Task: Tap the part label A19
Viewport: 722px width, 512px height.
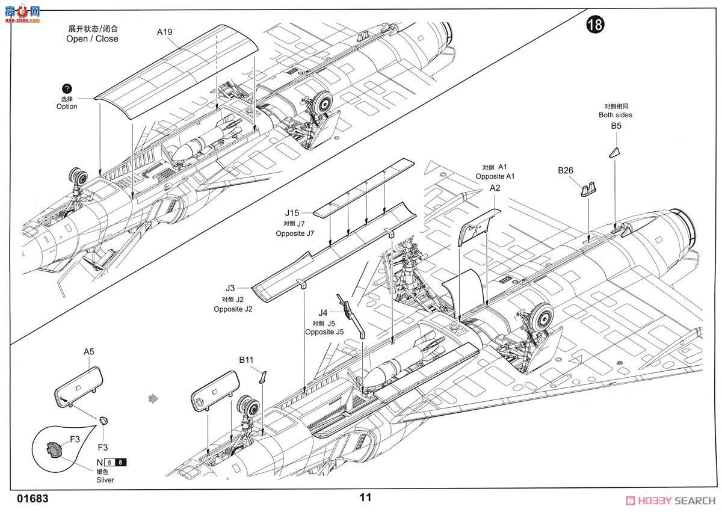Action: click(x=165, y=32)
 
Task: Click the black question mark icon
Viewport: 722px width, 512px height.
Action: click(x=67, y=88)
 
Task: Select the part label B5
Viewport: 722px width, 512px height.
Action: click(x=616, y=126)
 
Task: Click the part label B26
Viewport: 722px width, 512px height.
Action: click(x=566, y=170)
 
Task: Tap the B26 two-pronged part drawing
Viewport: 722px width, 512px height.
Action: click(x=588, y=190)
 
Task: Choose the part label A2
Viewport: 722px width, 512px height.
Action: click(x=495, y=188)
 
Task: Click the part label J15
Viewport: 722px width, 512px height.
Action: click(x=292, y=213)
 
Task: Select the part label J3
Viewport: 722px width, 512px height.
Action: click(x=230, y=288)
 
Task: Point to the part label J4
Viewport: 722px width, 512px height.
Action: click(x=323, y=312)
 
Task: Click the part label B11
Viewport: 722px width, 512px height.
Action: click(x=246, y=360)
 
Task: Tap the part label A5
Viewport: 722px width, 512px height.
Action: click(x=89, y=351)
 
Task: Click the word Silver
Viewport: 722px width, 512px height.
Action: click(x=104, y=480)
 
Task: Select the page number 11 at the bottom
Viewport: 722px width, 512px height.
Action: click(x=365, y=498)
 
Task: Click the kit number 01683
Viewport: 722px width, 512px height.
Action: click(x=33, y=499)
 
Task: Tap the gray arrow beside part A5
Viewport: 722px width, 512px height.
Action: click(x=153, y=398)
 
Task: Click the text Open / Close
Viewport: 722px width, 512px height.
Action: click(x=92, y=39)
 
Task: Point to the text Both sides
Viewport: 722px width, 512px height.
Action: click(x=616, y=115)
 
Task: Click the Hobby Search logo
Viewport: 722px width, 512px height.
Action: click(x=670, y=500)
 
